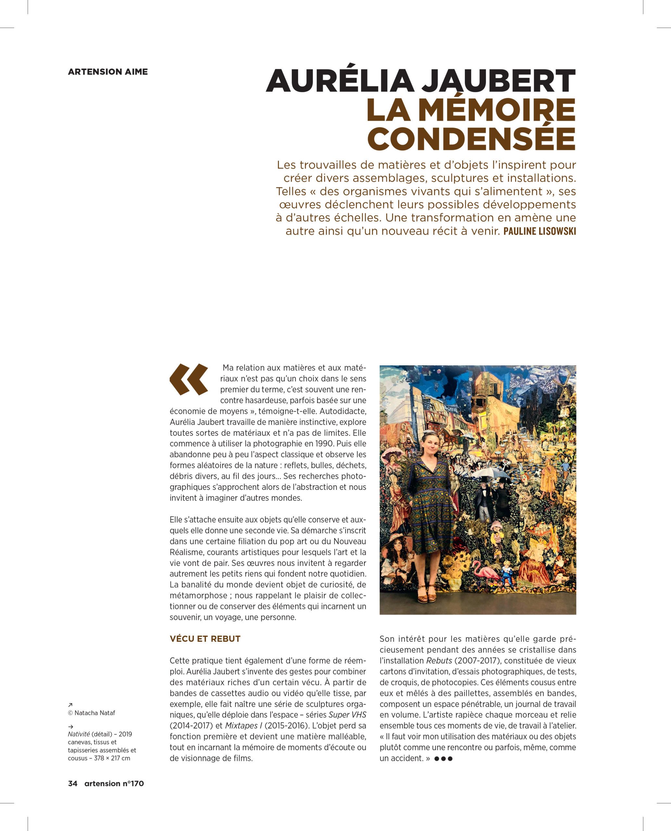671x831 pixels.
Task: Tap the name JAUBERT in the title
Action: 492,81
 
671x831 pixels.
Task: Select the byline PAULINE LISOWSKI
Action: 539,231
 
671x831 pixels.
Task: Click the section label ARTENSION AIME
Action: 108,71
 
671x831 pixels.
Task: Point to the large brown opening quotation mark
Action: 188,379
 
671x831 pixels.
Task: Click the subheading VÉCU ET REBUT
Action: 205,639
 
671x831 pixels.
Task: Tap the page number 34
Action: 73,783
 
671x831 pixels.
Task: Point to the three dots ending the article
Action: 443,758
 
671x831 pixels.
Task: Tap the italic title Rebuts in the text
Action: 439,661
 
